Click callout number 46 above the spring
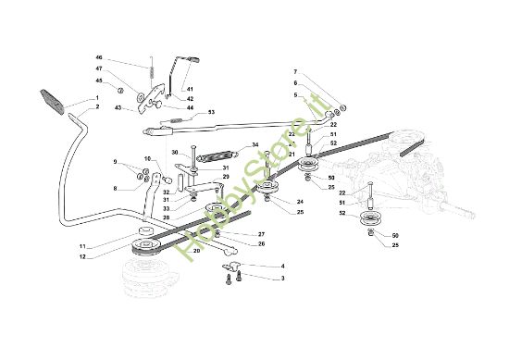coord(125,58)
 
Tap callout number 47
coord(125,69)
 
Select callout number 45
coord(125,81)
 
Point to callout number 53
coord(211,111)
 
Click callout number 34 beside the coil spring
coord(255,145)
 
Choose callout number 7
coord(296,71)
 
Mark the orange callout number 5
coord(296,93)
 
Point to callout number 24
coord(300,202)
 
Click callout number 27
coord(261,234)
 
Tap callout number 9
coord(116,162)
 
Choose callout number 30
coord(173,152)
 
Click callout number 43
coord(118,108)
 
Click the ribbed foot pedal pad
coord(53,100)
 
